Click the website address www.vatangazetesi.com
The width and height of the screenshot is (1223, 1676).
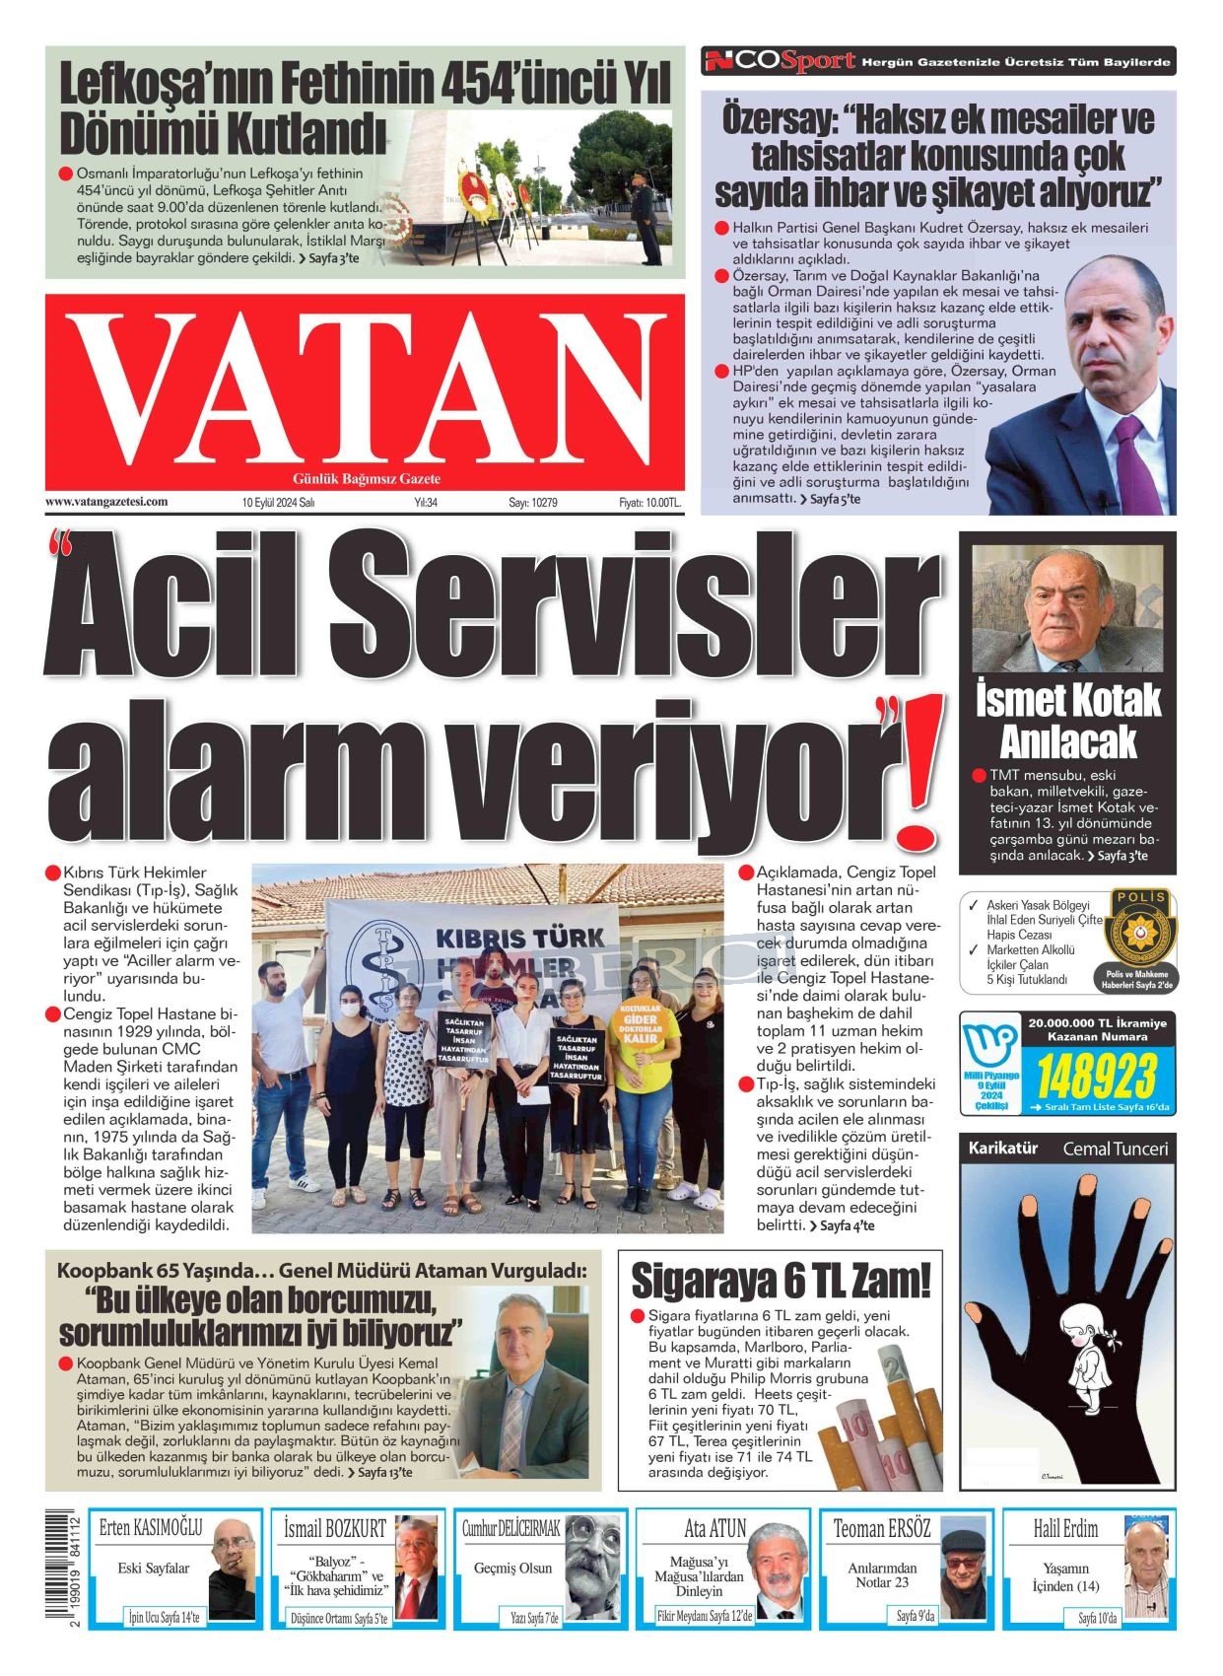pos(106,502)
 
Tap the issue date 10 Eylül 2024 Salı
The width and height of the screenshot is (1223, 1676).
pos(278,503)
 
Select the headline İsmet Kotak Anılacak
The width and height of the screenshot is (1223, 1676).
pos(1067,721)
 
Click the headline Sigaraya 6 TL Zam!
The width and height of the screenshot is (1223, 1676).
pos(780,1280)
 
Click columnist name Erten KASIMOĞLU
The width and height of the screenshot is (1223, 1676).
pos(151,1529)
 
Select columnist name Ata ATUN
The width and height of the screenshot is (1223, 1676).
pos(715,1529)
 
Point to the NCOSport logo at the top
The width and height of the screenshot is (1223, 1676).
pos(779,61)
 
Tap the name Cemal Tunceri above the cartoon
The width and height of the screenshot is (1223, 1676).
pos(1115,1149)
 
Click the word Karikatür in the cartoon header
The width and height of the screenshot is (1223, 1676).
pos(1002,1149)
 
